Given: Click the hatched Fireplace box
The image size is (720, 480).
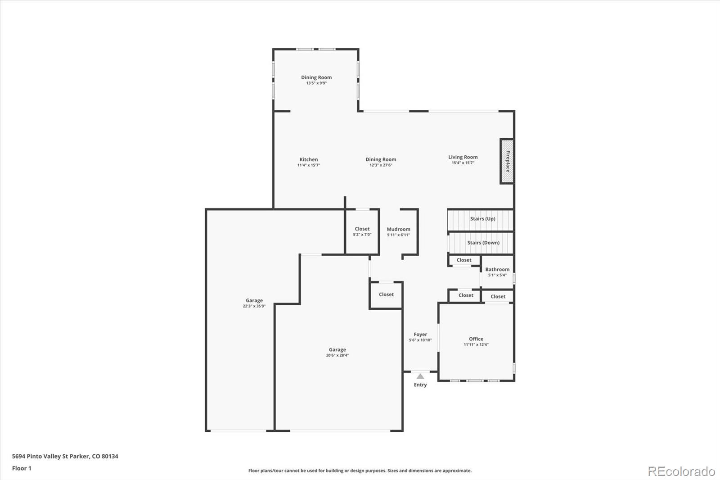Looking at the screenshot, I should pyautogui.click(x=507, y=161).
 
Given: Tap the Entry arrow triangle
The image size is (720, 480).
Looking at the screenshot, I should pyautogui.click(x=420, y=376).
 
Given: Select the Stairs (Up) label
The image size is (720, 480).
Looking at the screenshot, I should pyautogui.click(x=482, y=219).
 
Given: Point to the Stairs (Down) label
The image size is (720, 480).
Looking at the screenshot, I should pyautogui.click(x=483, y=243).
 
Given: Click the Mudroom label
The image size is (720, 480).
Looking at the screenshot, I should pyautogui.click(x=398, y=229).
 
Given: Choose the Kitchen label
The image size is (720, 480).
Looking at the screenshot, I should pyautogui.click(x=309, y=159).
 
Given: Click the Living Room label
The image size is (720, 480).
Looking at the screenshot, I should pyautogui.click(x=463, y=157).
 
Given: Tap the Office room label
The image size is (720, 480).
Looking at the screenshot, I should pyautogui.click(x=476, y=339).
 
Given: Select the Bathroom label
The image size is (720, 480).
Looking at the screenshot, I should pyautogui.click(x=497, y=269).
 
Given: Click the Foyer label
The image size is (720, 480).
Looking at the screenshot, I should pyautogui.click(x=420, y=335).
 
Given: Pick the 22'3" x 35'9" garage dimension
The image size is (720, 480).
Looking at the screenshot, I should pyautogui.click(x=254, y=306).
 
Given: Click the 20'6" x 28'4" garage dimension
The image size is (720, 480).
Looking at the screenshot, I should pyautogui.click(x=337, y=355).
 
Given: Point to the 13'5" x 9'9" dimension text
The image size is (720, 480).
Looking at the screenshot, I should pyautogui.click(x=316, y=83).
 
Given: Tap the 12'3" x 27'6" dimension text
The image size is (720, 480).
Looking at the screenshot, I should pyautogui.click(x=381, y=165).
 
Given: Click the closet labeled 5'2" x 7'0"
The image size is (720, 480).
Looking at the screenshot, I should pyautogui.click(x=362, y=231).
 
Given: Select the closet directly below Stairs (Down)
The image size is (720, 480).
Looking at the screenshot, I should pyautogui.click(x=464, y=260).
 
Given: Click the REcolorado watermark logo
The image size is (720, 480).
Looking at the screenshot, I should pyautogui.click(x=681, y=471).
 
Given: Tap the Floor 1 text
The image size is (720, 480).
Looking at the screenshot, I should pyautogui.click(x=22, y=468).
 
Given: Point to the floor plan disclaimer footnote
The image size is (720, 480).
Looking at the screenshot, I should pyautogui.click(x=360, y=471).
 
